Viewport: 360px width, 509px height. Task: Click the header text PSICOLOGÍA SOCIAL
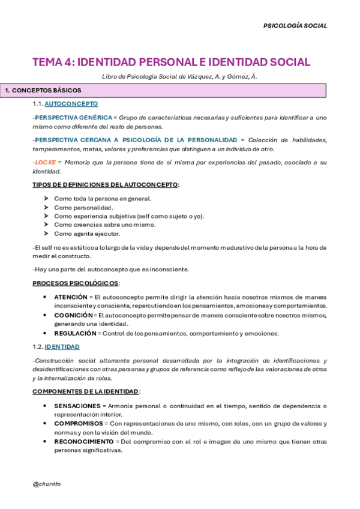(296, 26)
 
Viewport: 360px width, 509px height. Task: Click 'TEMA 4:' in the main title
(53, 62)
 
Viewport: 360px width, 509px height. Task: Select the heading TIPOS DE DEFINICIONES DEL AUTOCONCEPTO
(105, 184)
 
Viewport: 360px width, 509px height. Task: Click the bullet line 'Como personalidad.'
(83, 208)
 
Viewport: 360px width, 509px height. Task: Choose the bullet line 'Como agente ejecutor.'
(87, 233)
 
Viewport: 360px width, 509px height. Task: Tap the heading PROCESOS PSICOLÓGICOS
(76, 283)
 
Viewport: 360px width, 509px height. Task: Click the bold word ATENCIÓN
(71, 297)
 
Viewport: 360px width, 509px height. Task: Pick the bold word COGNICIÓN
(73, 315)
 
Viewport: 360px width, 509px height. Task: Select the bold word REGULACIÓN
(75, 333)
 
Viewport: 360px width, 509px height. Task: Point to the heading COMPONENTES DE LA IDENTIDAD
(86, 391)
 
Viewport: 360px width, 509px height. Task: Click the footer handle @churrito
(46, 484)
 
